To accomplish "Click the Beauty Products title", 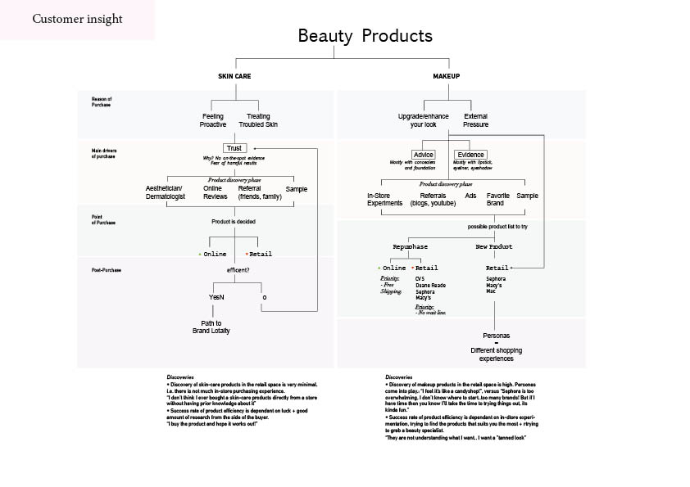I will (x=365, y=36).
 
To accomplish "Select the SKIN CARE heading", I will (x=234, y=76).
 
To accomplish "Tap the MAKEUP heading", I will (x=447, y=76).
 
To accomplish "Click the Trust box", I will (x=234, y=148).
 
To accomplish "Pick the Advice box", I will (x=424, y=155).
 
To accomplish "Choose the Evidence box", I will (x=471, y=155).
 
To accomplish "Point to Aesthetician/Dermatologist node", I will (x=166, y=192).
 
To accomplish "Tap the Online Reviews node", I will (x=215, y=192).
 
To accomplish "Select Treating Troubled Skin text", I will (x=258, y=120).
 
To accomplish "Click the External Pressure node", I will (x=475, y=120).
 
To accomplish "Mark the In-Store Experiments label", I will (x=384, y=200).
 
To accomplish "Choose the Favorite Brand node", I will (x=498, y=200).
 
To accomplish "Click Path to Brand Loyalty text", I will (x=211, y=327).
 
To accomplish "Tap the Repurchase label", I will (x=411, y=246).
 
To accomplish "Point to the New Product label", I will (x=494, y=246).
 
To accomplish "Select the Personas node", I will (x=496, y=336).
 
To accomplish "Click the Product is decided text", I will (x=235, y=222).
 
